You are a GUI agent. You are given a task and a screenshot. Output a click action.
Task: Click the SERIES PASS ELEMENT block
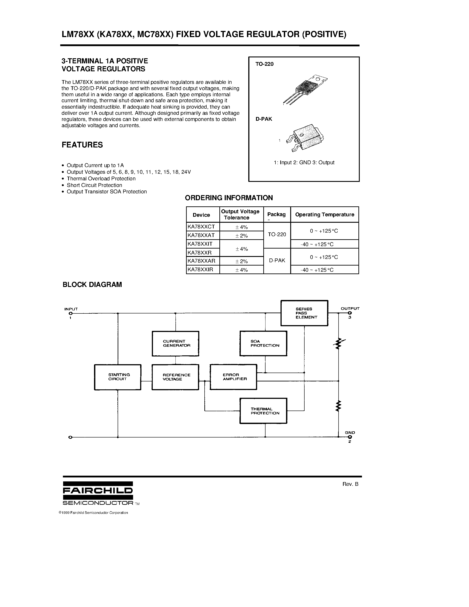[x=304, y=313]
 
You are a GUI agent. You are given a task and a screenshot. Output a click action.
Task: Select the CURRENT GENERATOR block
[x=175, y=343]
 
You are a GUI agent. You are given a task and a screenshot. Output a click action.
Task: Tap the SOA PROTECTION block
[x=263, y=343]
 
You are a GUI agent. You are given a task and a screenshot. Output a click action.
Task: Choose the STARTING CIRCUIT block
[x=118, y=377]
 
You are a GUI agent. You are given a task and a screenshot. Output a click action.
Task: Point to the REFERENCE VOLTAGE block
[x=175, y=377]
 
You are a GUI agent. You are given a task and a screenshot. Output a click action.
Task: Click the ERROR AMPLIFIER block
[x=233, y=377]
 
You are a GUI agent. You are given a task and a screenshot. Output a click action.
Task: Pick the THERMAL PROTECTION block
[x=263, y=411]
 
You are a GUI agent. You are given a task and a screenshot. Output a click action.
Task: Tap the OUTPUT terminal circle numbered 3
[x=350, y=313]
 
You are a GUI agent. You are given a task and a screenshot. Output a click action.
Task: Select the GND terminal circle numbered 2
[x=350, y=437]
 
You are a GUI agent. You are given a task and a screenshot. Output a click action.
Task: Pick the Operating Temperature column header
[x=324, y=215]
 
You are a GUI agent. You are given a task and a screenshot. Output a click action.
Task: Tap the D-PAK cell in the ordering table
[x=277, y=261]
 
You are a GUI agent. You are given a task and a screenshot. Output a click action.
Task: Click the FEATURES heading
[x=82, y=145]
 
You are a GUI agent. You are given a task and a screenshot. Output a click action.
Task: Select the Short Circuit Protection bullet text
[x=94, y=185]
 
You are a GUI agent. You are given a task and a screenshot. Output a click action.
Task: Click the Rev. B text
[x=350, y=484]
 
